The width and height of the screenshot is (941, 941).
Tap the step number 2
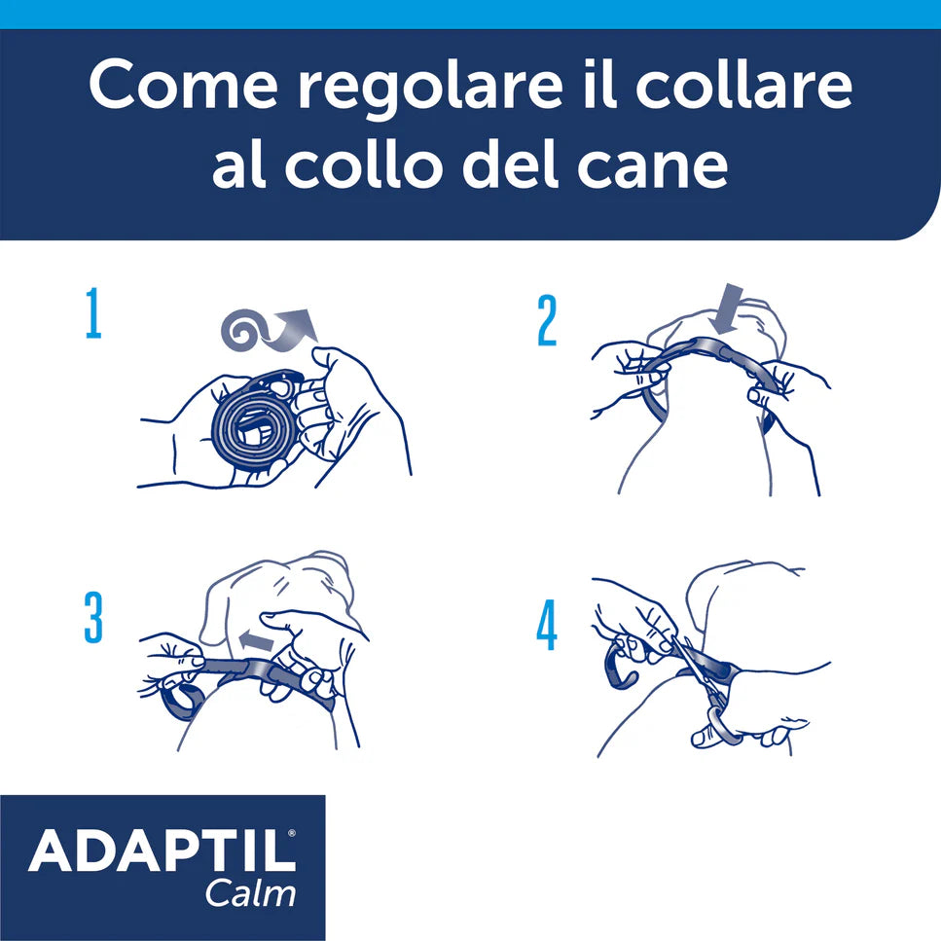tap(548, 321)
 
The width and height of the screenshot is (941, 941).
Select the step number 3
tap(93, 619)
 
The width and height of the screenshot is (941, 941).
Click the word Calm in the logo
tap(250, 893)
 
